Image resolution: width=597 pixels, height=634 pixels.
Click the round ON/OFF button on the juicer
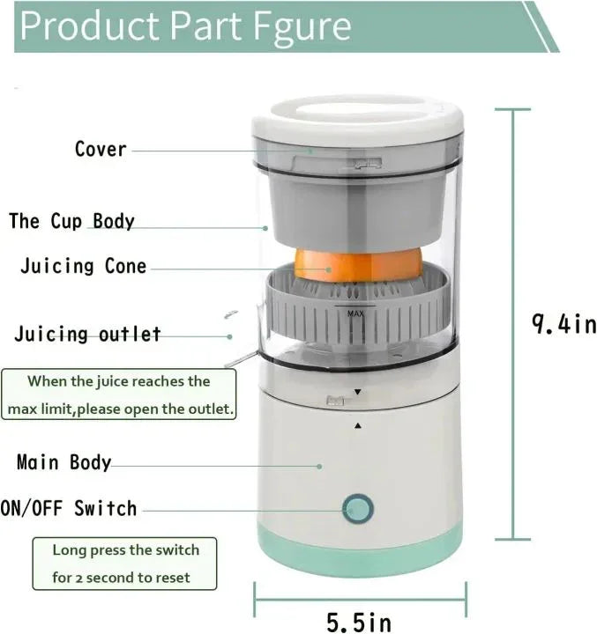tap(357, 509)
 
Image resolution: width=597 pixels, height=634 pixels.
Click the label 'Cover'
tap(101, 149)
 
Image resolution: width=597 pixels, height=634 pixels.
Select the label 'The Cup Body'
tap(71, 220)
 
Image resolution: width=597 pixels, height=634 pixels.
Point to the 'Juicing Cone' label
tap(84, 266)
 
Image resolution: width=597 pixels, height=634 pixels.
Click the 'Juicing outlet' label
tap(87, 335)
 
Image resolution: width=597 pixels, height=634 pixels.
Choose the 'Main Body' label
tap(64, 462)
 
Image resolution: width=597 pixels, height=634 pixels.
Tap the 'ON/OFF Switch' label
tap(69, 508)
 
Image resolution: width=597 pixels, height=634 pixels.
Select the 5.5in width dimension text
tap(359, 623)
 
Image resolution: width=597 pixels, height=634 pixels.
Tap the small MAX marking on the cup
tap(355, 313)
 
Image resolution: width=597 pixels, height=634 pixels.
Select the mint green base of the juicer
tap(360, 553)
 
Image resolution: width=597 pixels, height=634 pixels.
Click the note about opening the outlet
tap(120, 395)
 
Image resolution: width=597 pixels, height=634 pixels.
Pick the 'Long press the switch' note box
tap(125, 564)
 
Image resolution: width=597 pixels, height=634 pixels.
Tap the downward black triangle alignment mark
tap(357, 391)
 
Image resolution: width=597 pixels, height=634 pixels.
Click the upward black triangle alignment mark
tap(357, 426)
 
